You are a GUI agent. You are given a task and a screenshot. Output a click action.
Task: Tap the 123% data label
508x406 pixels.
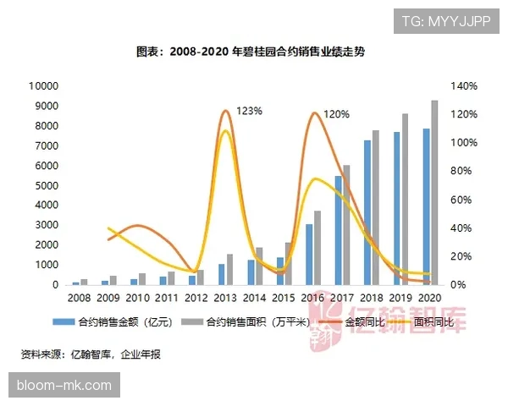tap(250, 110)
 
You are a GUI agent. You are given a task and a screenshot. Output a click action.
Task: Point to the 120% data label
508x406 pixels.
tap(337, 114)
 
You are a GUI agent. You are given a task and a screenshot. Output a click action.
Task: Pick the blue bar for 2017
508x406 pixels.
tap(338, 230)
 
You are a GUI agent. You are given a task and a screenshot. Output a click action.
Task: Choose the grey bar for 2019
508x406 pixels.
tap(405, 200)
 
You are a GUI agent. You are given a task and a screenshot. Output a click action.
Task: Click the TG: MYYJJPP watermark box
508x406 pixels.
tap(446, 19)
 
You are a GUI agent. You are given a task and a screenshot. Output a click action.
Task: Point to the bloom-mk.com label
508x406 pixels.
tap(63, 386)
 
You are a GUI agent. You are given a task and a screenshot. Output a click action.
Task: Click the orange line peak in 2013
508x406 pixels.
tap(225, 111)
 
